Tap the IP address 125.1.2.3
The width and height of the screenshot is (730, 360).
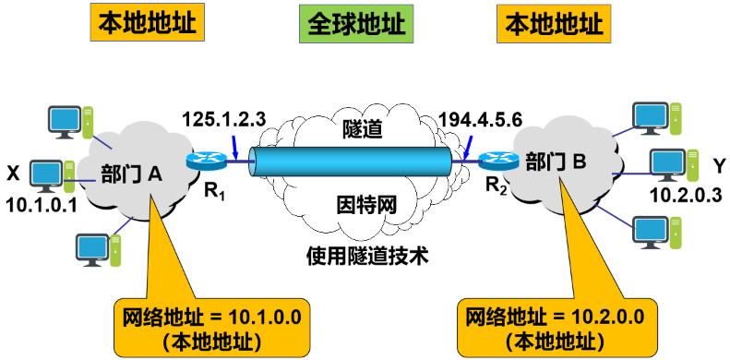pyautogui.click(x=224, y=118)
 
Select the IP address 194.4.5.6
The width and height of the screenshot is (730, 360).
pyautogui.click(x=481, y=120)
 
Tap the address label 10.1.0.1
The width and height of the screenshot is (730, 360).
pyautogui.click(x=42, y=204)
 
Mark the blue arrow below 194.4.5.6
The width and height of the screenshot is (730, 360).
pyautogui.click(x=472, y=146)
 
